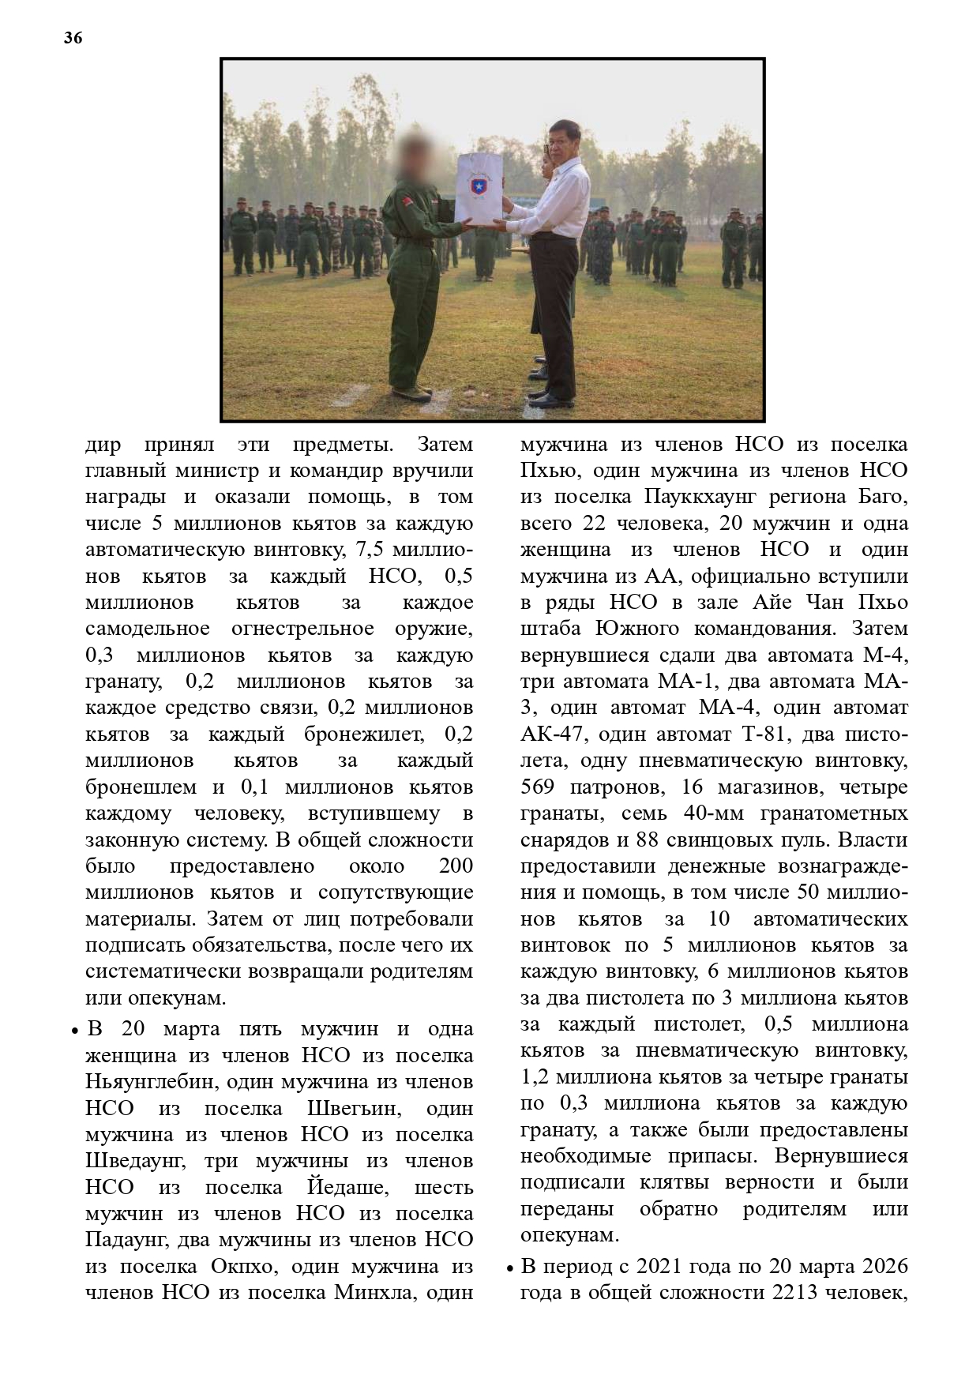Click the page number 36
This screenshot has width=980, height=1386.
tap(73, 38)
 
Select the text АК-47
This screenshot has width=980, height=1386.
tap(551, 734)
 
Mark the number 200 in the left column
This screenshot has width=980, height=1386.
tap(456, 866)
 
